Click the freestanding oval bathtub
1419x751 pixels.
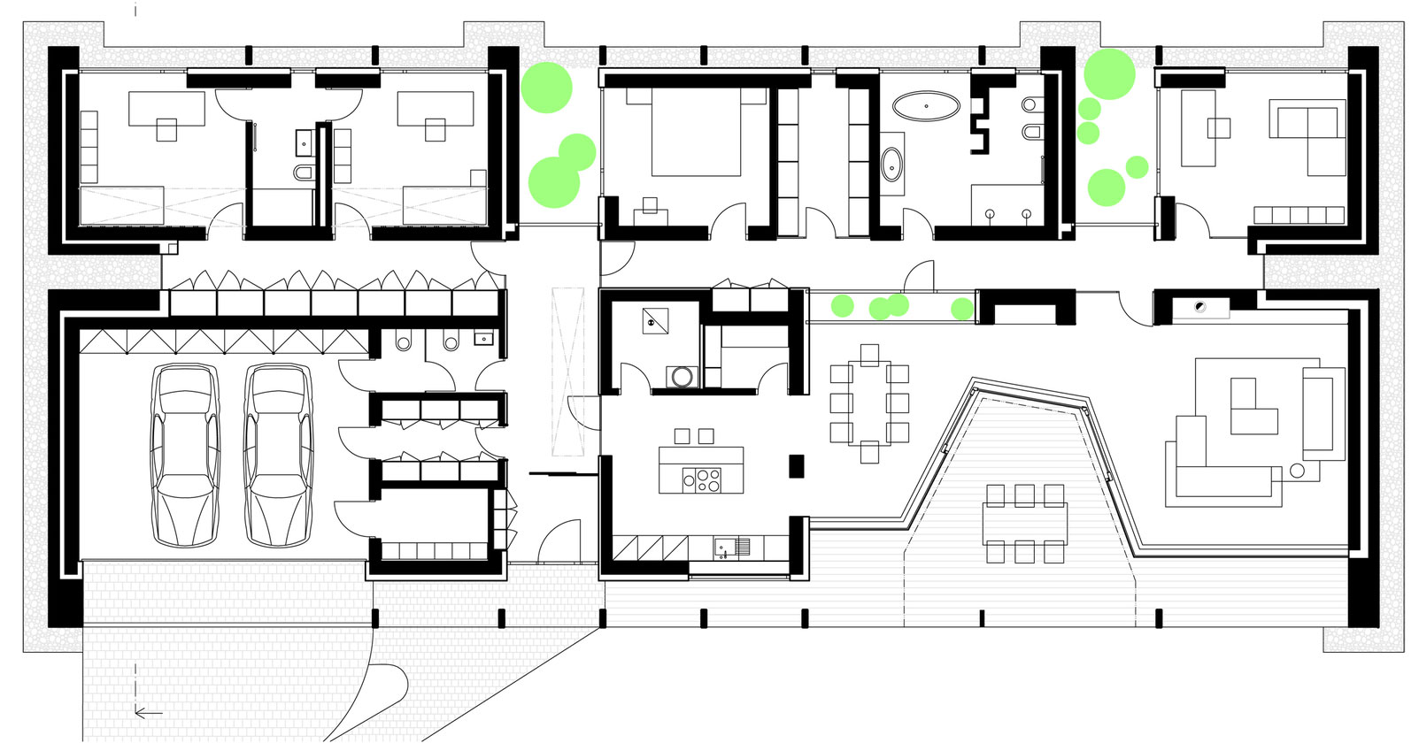pyautogui.click(x=926, y=106)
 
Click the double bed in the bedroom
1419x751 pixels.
pyautogui.click(x=696, y=133)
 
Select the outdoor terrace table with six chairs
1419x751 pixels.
pyautogui.click(x=1024, y=523)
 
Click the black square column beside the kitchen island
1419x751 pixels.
pyautogui.click(x=796, y=465)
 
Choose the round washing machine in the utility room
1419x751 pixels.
pyautogui.click(x=682, y=377)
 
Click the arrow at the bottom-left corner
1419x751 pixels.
pyautogui.click(x=149, y=712)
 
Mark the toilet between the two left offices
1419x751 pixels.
pyautogui.click(x=303, y=172)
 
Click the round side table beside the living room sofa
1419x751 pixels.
pyautogui.click(x=1297, y=471)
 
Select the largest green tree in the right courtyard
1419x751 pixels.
pyautogui.click(x=1109, y=74)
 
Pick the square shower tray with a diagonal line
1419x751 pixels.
pyautogui.click(x=656, y=320)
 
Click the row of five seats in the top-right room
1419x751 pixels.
pyautogui.click(x=1299, y=215)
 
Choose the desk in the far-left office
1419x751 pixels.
pyautogui.click(x=166, y=111)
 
